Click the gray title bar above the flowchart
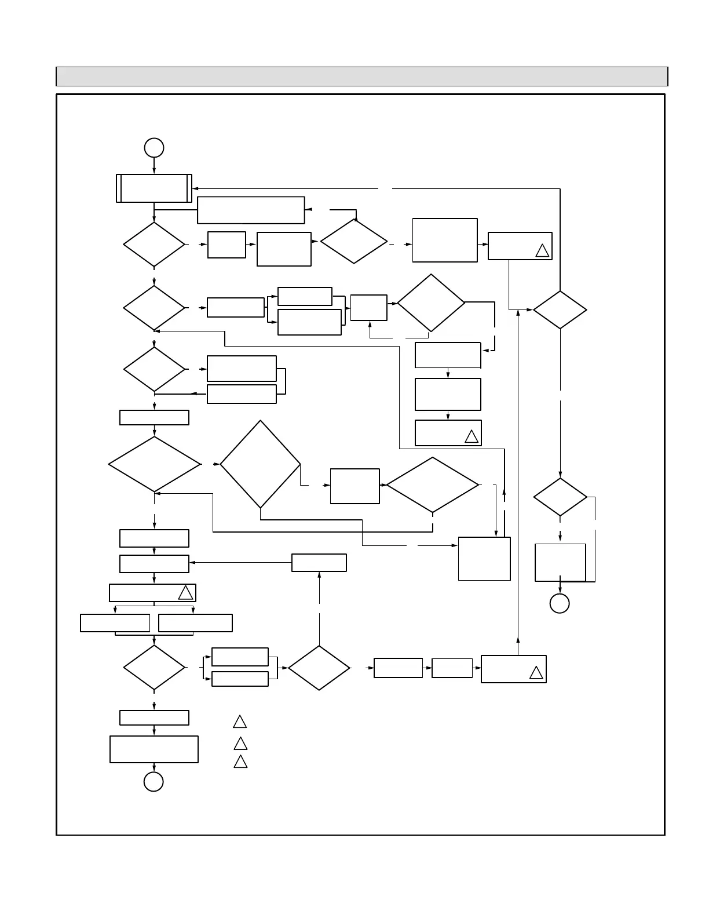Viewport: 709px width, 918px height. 361,76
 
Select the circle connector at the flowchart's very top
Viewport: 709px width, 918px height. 154,148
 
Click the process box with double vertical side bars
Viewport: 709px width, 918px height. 154,188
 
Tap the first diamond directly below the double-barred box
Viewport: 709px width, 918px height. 154,245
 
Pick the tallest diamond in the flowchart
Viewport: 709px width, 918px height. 260,464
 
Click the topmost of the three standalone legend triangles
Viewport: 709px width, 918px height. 240,722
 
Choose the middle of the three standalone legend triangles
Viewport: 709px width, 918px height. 240,744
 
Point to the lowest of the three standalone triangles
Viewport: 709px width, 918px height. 240,762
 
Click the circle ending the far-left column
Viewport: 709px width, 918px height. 154,781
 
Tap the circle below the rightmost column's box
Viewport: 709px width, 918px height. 560,603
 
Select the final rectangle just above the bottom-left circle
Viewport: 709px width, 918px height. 154,749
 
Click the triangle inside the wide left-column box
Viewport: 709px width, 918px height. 185,593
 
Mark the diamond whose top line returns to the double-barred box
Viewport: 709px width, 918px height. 560,310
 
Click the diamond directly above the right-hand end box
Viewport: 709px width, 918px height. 560,497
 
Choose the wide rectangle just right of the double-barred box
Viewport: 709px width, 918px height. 251,210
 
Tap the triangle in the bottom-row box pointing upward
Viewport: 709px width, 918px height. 536,673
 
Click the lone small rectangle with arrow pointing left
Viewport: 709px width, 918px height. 319,563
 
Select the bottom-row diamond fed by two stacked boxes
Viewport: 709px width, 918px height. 319,668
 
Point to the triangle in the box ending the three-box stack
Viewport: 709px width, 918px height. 472,437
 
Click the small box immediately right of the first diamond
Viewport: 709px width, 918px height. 226,245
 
